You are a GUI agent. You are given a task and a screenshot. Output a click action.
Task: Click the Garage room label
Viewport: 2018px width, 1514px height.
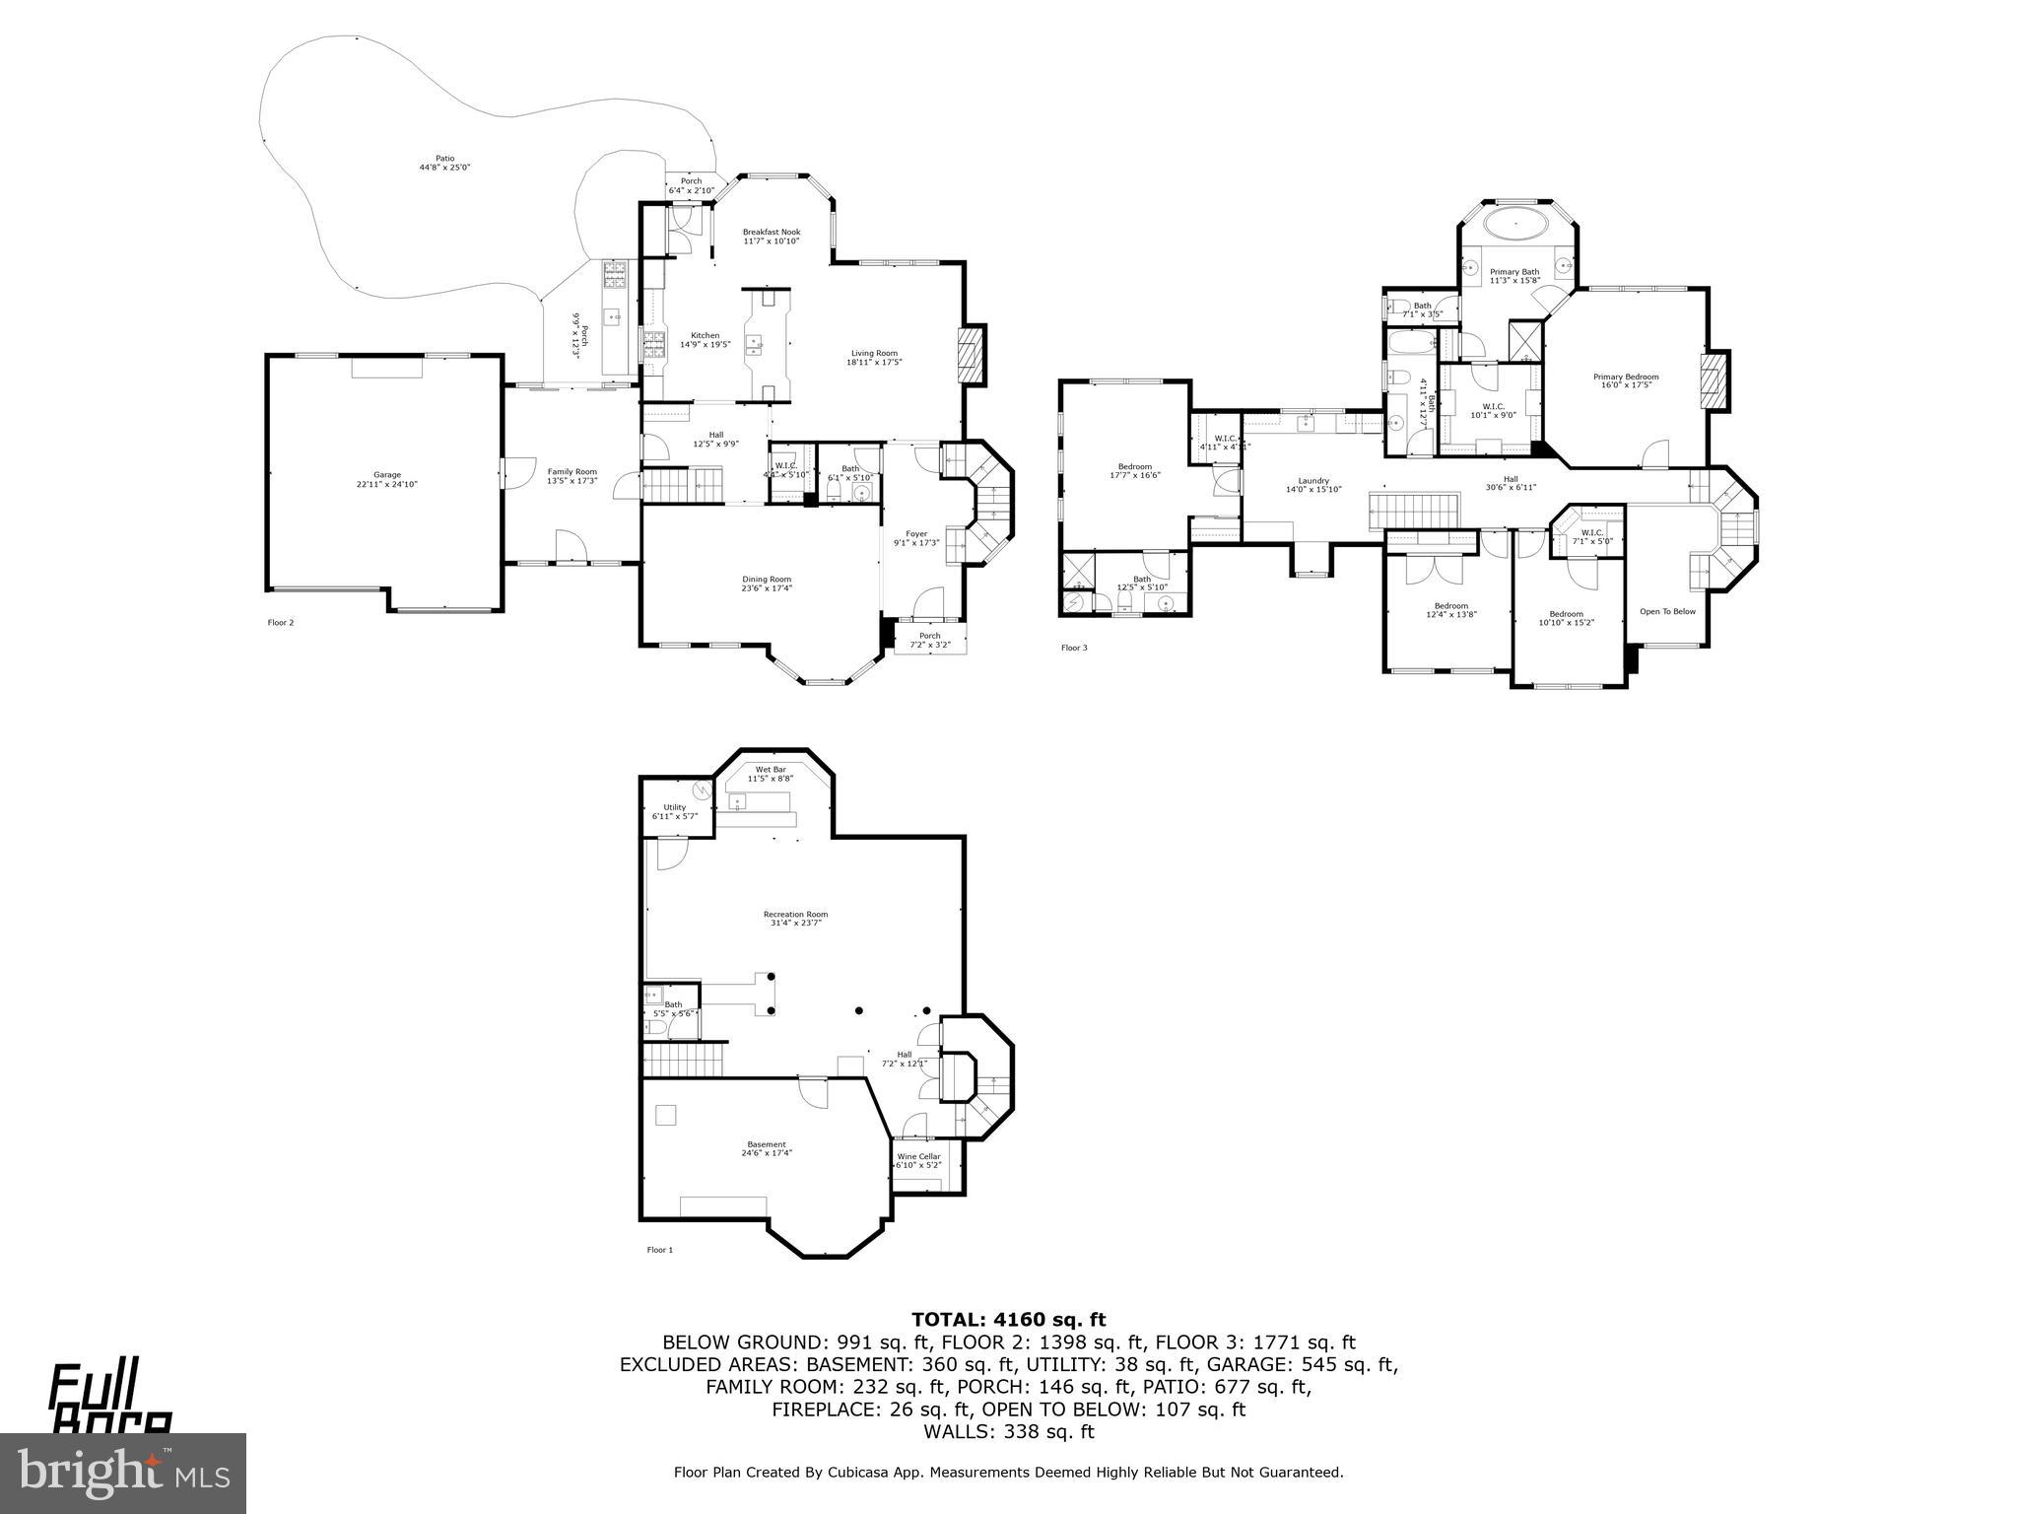(x=379, y=475)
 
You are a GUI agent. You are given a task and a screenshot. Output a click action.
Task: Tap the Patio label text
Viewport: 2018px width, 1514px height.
(x=445, y=158)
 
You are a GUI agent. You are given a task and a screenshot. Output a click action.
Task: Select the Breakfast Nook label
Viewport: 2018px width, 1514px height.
(x=771, y=233)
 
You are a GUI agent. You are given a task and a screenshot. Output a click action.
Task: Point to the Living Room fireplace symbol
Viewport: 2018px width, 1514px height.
(x=972, y=355)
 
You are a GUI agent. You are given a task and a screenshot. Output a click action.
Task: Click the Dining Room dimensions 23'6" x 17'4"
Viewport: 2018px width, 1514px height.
(x=767, y=588)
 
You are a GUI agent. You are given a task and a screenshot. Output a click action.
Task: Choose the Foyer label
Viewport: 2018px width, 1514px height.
(x=916, y=534)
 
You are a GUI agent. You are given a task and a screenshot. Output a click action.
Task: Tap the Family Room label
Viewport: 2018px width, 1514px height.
(x=572, y=472)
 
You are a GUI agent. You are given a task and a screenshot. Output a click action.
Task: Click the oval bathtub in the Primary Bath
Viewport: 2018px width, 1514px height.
(x=1515, y=224)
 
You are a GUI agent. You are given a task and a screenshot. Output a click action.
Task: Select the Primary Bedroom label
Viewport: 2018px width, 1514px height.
(x=1626, y=377)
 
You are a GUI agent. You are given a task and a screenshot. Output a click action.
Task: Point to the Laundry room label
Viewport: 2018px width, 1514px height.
(x=1313, y=481)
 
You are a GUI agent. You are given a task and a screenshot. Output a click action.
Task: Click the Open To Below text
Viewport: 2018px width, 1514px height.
(x=1667, y=611)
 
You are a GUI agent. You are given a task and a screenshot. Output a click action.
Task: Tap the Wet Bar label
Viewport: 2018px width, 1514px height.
(x=771, y=770)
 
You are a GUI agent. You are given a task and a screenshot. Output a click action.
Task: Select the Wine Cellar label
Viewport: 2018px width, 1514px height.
(x=918, y=1156)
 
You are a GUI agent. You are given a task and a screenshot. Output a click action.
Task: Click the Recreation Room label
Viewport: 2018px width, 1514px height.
(x=795, y=914)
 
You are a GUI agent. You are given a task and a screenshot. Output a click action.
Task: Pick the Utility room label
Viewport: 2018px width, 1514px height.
(x=674, y=807)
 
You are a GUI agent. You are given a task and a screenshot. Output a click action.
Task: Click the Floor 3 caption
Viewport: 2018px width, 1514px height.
(x=1074, y=648)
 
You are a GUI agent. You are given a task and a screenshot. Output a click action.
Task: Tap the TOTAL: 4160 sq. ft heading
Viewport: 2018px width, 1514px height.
(x=1008, y=1320)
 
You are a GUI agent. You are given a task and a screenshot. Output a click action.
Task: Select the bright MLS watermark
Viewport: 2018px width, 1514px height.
(x=123, y=1473)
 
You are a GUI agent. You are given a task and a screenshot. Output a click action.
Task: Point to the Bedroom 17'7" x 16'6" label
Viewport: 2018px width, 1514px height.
(x=1134, y=467)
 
